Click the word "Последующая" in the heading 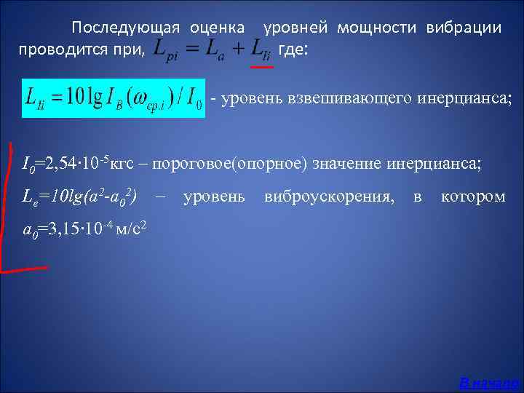(125, 28)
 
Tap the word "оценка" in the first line (218, 28)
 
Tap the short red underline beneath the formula (261, 67)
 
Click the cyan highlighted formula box (114, 98)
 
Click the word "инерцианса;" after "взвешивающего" (464, 98)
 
